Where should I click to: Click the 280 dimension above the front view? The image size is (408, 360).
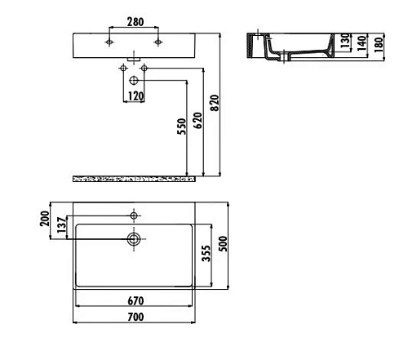(x=135, y=22)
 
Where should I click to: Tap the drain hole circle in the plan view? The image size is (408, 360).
(x=134, y=239)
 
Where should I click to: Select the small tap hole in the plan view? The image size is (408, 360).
(x=134, y=216)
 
